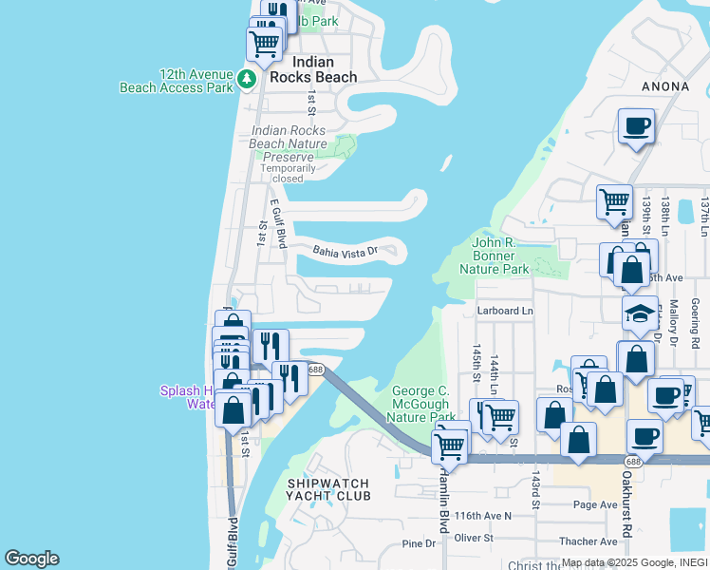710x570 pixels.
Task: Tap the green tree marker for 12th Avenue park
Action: [x=247, y=78]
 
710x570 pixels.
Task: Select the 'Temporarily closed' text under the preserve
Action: [x=288, y=173]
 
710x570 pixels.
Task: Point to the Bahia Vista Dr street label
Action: [x=346, y=252]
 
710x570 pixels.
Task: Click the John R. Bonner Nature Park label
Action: [x=500, y=256]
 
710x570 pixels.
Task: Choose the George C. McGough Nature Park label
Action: [x=422, y=404]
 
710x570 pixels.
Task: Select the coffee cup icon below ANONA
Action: [x=635, y=125]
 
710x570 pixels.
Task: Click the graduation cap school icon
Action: [x=641, y=313]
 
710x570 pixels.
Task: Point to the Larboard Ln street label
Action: [x=504, y=311]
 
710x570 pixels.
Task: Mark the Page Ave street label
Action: [x=595, y=504]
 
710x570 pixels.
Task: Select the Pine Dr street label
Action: [x=419, y=543]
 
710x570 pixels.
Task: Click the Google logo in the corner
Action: [x=31, y=559]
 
